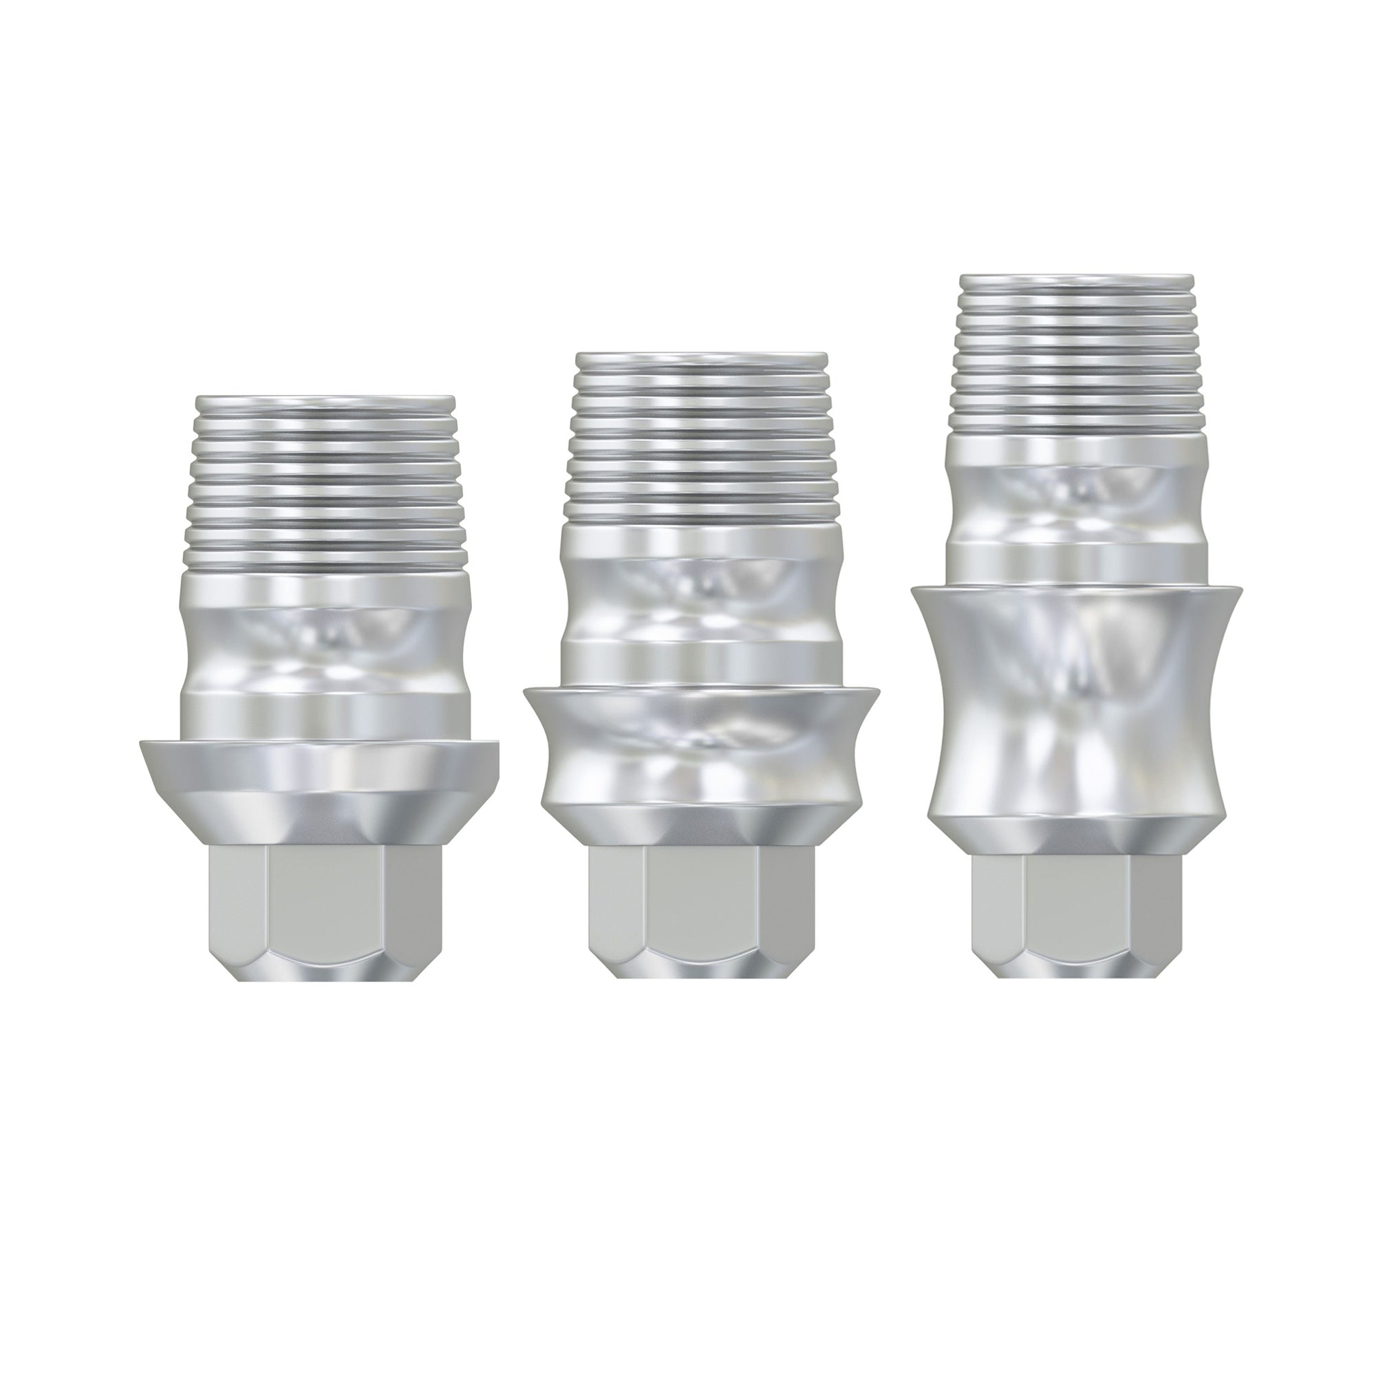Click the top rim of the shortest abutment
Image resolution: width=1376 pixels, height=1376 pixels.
click(x=324, y=399)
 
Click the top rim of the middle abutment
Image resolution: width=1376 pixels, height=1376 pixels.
click(x=702, y=356)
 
